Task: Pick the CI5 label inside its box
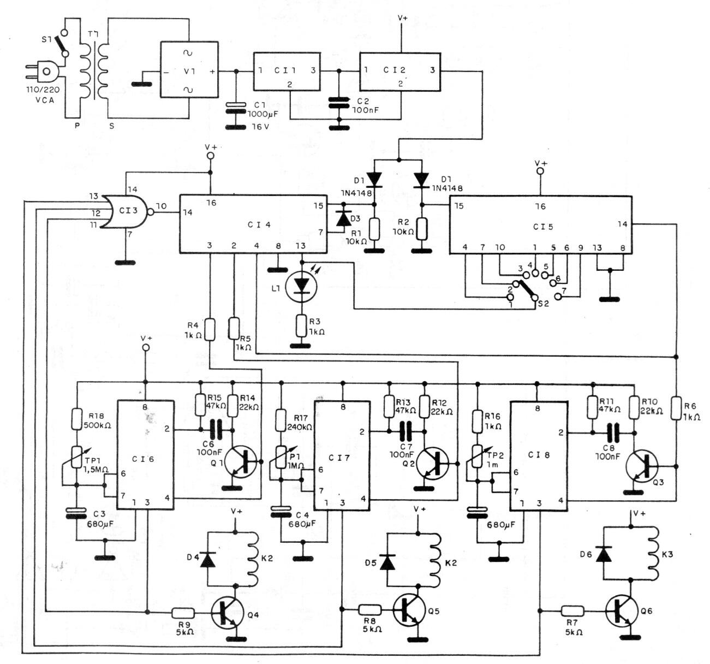(539, 226)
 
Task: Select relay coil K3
(652, 553)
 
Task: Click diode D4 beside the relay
(207, 559)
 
